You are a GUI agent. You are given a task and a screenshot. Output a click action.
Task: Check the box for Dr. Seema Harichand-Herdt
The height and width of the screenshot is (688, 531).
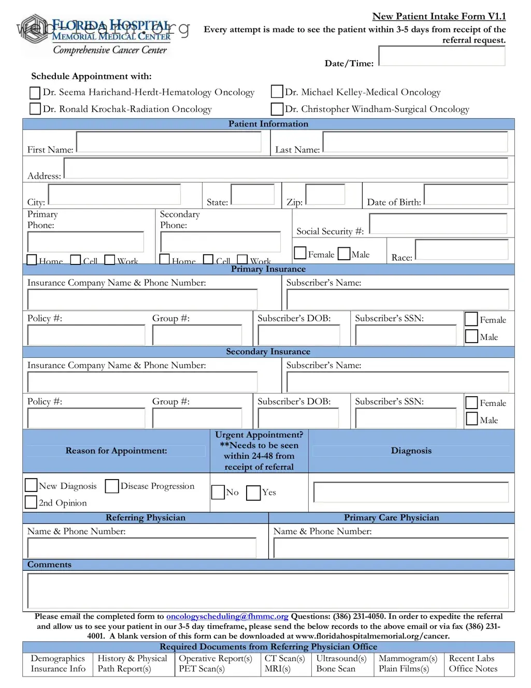[x=35, y=93]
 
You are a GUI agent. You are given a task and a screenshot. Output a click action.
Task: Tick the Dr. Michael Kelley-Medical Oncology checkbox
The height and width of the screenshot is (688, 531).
[x=277, y=92]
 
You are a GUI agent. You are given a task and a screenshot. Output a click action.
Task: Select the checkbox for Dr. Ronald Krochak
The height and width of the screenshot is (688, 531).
[x=35, y=109]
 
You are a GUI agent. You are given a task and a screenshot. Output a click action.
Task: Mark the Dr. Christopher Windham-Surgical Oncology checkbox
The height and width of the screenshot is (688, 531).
[x=277, y=109]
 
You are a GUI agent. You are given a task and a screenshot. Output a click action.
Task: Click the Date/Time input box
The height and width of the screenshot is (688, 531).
[x=441, y=56]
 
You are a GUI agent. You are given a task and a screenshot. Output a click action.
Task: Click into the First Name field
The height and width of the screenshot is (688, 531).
[x=169, y=142]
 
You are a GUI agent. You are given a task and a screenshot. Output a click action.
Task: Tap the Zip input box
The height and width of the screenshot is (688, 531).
[x=325, y=194]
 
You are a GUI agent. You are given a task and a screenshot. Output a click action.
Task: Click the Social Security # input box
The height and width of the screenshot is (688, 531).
[x=438, y=224]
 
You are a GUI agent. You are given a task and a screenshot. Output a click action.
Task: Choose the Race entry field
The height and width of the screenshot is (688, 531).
[x=462, y=249]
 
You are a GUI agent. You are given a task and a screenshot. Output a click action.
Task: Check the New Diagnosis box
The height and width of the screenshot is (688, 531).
[x=31, y=485]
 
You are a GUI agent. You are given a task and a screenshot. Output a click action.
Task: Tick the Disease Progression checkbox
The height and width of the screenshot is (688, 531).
[x=111, y=486]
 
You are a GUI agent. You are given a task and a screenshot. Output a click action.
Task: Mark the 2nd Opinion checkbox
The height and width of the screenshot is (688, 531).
[x=31, y=502]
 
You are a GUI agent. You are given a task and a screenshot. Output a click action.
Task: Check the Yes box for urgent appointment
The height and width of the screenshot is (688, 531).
[x=253, y=493]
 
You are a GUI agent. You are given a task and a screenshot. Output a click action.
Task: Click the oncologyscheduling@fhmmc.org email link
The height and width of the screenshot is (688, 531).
[x=227, y=616]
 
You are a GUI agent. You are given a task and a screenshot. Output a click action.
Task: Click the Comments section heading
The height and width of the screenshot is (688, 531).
[x=49, y=565]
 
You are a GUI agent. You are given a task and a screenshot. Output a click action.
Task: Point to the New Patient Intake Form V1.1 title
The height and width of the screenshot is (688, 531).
[x=439, y=16]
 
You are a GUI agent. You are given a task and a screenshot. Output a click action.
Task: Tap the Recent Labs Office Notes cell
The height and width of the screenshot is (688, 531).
[x=472, y=664]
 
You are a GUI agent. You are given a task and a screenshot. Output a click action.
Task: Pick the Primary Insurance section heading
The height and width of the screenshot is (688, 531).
[x=268, y=269]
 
